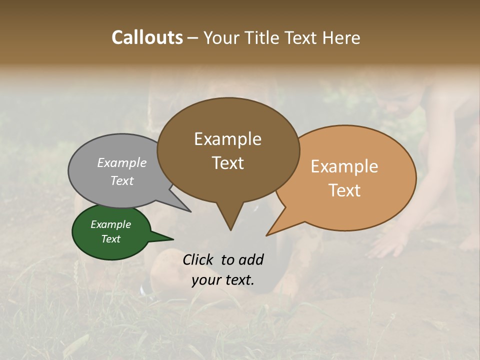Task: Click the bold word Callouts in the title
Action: click(x=147, y=37)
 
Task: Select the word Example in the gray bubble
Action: click(x=122, y=162)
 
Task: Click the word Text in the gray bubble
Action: click(x=122, y=180)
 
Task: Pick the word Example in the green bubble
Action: click(x=111, y=224)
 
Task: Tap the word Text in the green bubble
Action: click(x=111, y=239)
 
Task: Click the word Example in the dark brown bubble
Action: click(x=227, y=139)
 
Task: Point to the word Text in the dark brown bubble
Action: click(x=227, y=162)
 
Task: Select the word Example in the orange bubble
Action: click(x=344, y=166)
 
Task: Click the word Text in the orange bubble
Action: click(x=344, y=190)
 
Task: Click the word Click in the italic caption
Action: click(x=199, y=259)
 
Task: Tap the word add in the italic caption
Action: click(x=251, y=259)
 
